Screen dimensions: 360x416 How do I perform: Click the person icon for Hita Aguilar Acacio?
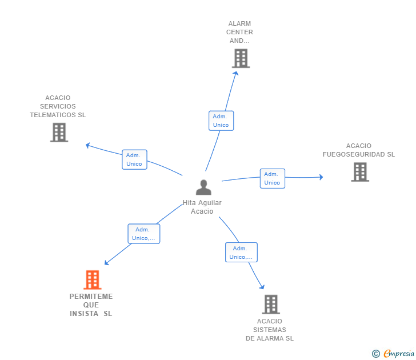point(203,187)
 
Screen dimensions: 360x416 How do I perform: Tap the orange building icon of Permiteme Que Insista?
point(92,280)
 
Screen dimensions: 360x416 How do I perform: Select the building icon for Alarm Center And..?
point(241,58)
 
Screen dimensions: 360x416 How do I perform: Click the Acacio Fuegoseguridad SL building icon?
point(359,172)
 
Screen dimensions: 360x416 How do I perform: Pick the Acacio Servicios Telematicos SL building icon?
point(59,132)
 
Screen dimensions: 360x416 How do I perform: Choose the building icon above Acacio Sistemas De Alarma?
point(270,304)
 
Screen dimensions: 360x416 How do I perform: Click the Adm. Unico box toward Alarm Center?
point(221,121)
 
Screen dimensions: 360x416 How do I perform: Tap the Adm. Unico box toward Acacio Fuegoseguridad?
point(272,178)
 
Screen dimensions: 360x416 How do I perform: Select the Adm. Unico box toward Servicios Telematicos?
point(134,159)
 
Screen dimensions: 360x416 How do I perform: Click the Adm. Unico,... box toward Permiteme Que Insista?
point(143,234)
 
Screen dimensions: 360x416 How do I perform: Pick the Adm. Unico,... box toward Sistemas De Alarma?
point(241,253)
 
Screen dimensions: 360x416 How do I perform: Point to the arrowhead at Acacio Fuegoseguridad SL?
point(321,177)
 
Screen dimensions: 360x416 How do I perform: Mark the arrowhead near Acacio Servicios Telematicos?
point(88,145)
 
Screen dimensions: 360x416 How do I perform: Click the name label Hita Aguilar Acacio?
point(202,207)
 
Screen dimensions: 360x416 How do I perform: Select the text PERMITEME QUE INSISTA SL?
point(91,305)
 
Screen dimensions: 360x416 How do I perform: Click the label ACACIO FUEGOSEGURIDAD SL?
point(358,150)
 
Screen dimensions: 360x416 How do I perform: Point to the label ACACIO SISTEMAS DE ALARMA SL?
point(270,330)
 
